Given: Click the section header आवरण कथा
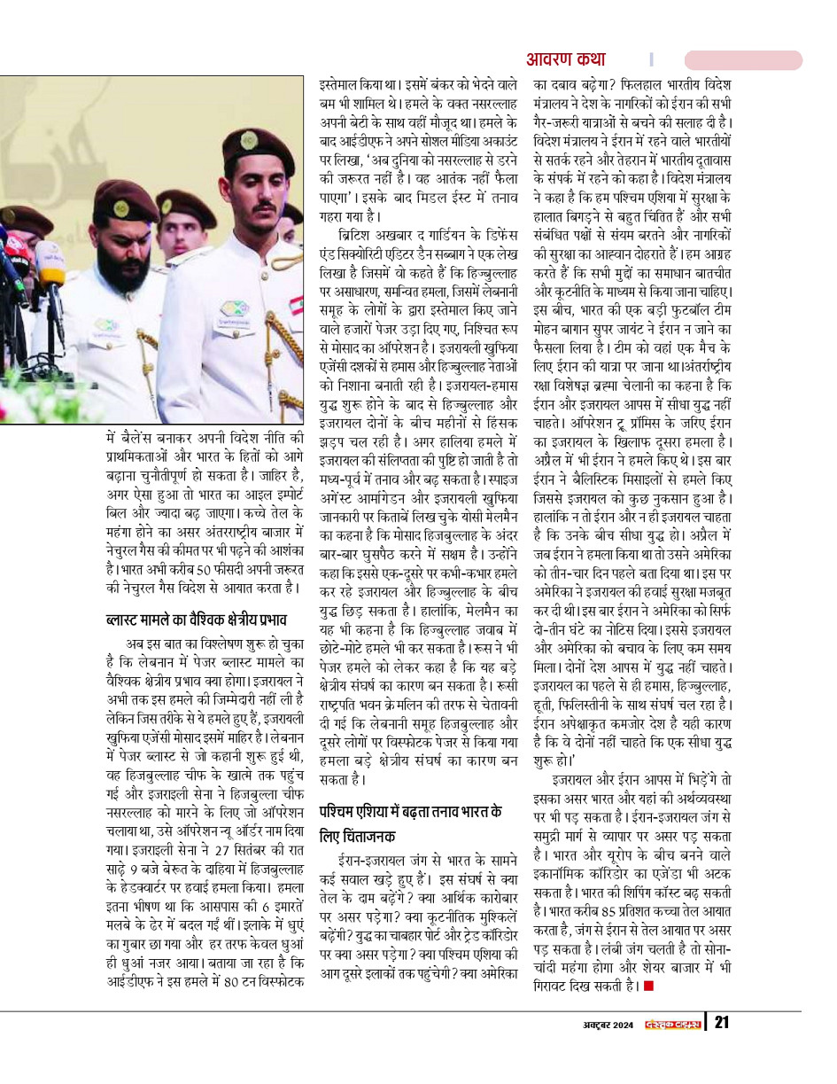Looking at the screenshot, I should [x=566, y=59].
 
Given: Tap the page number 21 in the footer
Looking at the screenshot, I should [x=722, y=1024].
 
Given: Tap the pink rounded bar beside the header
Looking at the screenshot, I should [x=743, y=59].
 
